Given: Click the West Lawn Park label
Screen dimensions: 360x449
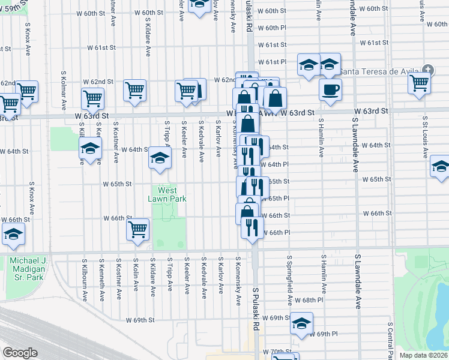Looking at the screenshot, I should click(167, 194).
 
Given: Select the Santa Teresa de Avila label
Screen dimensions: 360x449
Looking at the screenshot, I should click(379, 71).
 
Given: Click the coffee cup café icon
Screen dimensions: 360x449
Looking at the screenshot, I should click(330, 91).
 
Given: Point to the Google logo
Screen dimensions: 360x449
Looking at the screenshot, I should click(19, 353).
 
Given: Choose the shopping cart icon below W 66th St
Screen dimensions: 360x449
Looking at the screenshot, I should click(138, 229).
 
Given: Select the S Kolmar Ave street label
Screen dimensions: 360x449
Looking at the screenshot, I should click(63, 91).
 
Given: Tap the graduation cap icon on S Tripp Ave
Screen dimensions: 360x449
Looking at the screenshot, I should click(160, 158).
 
